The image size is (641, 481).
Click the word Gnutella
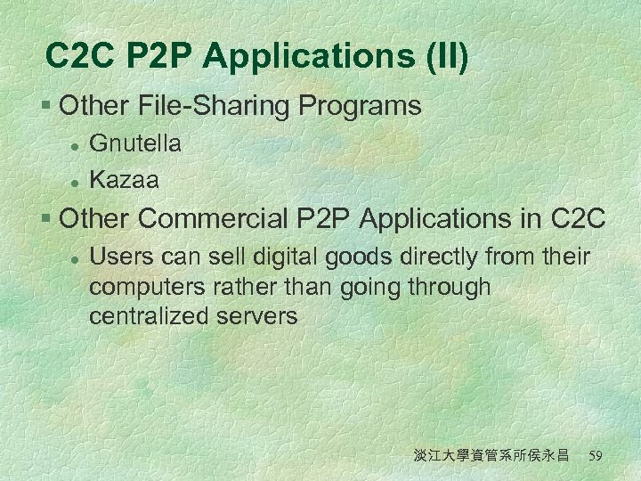point(135,143)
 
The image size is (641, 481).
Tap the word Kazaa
point(125,180)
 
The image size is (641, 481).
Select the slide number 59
point(596,456)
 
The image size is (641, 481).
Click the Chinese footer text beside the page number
point(491,456)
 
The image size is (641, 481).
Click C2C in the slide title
point(81,56)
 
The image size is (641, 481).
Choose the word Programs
point(360,106)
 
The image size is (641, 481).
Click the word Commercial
point(230,217)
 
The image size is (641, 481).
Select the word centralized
point(148,315)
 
